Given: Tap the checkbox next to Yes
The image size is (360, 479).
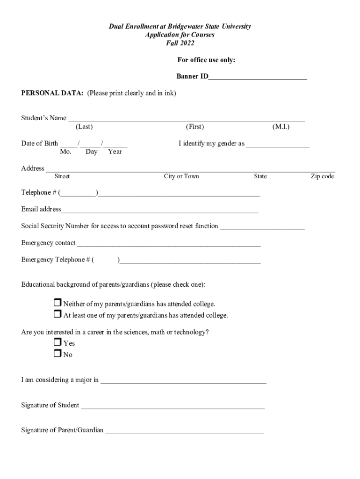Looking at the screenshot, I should click(58, 342).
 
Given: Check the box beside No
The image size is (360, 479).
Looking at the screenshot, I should click(58, 354).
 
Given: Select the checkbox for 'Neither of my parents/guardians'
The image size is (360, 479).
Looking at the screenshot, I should click(58, 303).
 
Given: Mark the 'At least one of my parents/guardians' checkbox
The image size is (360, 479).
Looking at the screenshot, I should click(58, 314).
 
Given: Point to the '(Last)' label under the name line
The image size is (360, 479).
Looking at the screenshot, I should click(84, 127).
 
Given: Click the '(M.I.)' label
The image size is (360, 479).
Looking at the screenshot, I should click(281, 127).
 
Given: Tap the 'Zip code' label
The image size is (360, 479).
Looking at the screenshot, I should click(323, 176).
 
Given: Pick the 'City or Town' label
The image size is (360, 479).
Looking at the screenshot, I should click(181, 176).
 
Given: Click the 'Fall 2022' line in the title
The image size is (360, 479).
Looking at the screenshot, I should click(180, 44).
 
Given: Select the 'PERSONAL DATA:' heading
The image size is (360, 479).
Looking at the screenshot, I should click(52, 93).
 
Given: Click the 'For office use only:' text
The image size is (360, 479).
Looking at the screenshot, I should click(206, 60).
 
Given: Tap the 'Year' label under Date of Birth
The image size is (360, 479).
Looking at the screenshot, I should click(115, 152).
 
